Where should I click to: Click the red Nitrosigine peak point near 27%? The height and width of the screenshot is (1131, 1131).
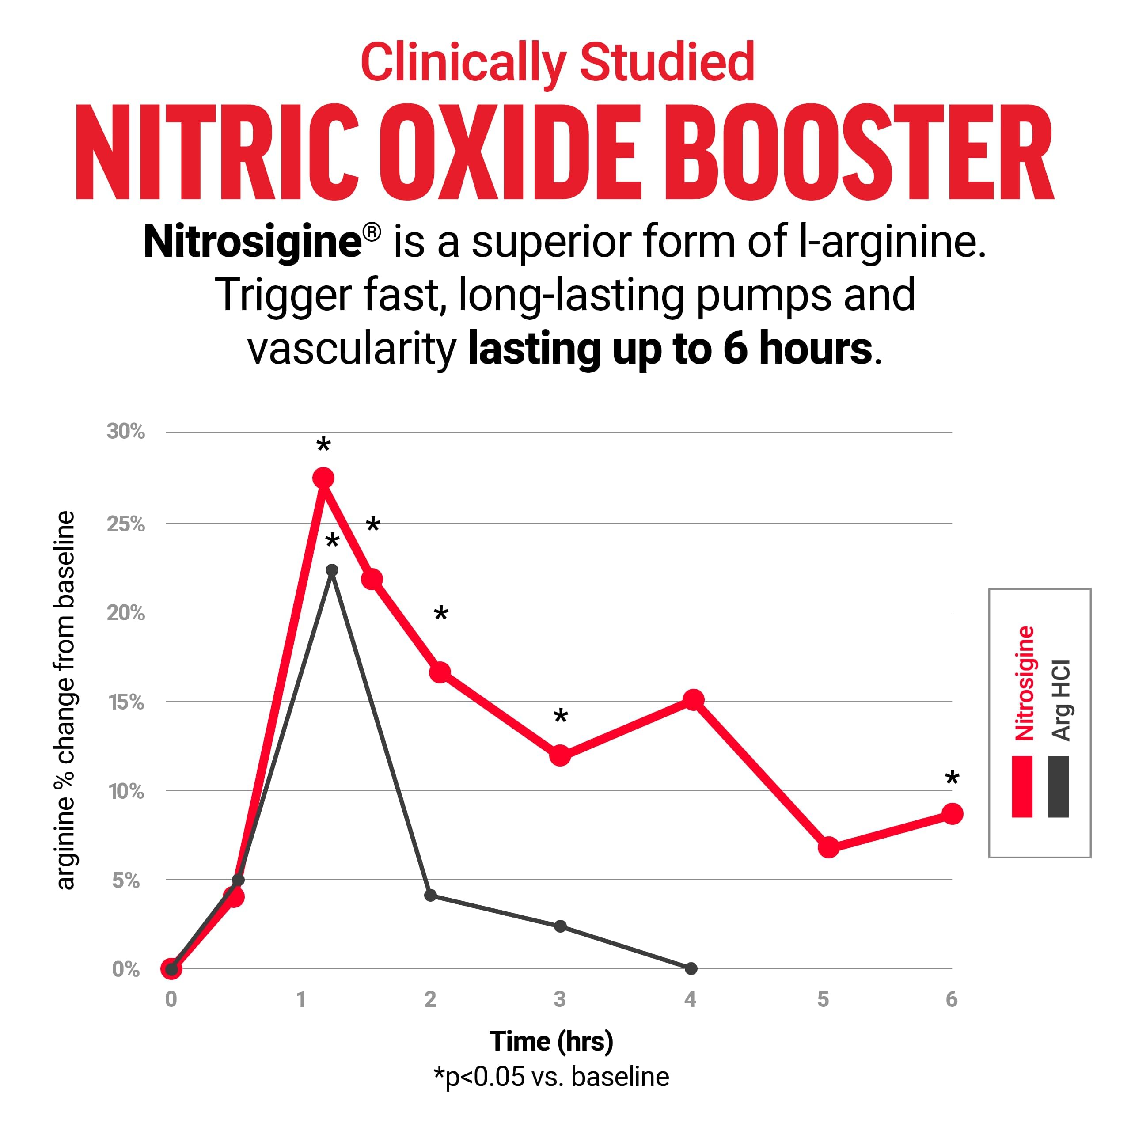tap(323, 478)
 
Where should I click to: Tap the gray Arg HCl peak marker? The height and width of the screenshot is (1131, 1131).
tap(332, 570)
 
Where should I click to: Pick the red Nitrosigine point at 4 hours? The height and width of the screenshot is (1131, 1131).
tap(693, 699)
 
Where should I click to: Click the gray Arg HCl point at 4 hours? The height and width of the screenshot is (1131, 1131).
tap(691, 969)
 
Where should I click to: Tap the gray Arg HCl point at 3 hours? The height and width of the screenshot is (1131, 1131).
tap(560, 926)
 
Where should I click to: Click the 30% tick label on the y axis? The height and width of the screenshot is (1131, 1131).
tap(126, 432)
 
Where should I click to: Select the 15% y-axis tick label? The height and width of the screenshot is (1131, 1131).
tap(126, 702)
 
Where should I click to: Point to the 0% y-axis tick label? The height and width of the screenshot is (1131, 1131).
tap(126, 969)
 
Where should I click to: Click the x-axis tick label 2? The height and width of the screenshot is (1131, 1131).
tap(430, 999)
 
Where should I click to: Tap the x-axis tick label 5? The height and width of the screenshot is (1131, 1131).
tap(823, 999)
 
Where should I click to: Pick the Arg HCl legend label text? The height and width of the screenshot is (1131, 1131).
tap(1061, 699)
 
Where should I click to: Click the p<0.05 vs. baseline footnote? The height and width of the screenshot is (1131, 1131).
tap(551, 1077)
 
